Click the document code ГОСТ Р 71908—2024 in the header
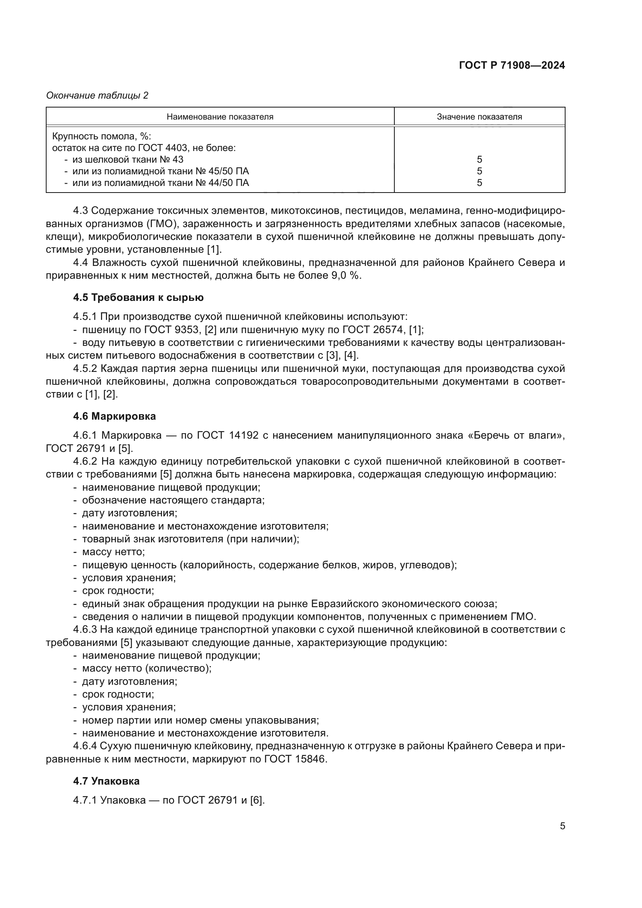512,66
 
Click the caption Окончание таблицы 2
97,95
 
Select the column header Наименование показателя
220,117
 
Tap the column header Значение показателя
479,117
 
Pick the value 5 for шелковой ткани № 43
479,160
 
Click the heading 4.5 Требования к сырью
138,298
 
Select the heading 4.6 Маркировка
114,416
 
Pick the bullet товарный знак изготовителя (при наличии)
191,539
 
